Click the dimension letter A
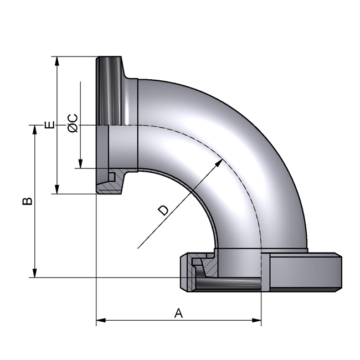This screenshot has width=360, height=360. [178, 313]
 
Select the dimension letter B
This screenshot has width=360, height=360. [27, 200]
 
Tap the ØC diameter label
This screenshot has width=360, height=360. [72, 123]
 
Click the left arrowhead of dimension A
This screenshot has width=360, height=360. [100, 320]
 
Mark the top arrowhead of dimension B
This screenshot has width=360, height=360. [35, 129]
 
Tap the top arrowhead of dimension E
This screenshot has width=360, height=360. [56, 60]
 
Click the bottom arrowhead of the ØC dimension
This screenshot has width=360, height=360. [80, 164]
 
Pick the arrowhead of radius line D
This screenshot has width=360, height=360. [220, 162]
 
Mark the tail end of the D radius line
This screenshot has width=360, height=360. [137, 248]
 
